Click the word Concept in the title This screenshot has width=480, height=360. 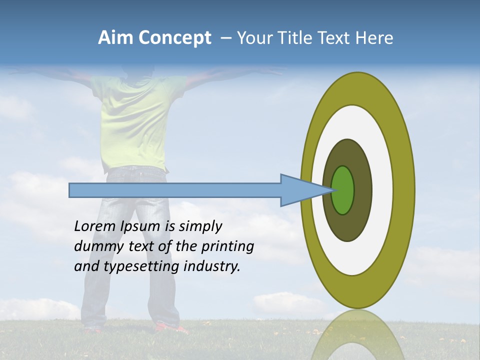click(x=174, y=38)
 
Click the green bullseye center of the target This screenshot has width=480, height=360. click(x=343, y=190)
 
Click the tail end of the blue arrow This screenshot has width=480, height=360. click(x=70, y=190)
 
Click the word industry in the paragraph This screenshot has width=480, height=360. click(x=212, y=266)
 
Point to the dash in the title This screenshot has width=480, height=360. click(x=225, y=38)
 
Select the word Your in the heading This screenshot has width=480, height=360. click(x=255, y=38)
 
